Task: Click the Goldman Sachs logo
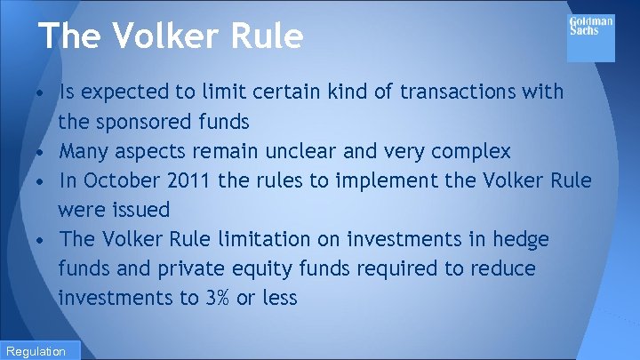pyautogui.click(x=590, y=36)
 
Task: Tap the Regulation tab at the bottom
pyautogui.click(x=39, y=350)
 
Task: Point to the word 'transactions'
pyautogui.click(x=461, y=92)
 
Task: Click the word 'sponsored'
pyautogui.click(x=154, y=121)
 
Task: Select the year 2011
pyautogui.click(x=188, y=180)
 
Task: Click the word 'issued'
pyautogui.click(x=140, y=210)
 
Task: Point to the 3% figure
pyautogui.click(x=217, y=298)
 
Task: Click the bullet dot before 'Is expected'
pyautogui.click(x=43, y=93)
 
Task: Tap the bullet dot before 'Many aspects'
pyautogui.click(x=43, y=152)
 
